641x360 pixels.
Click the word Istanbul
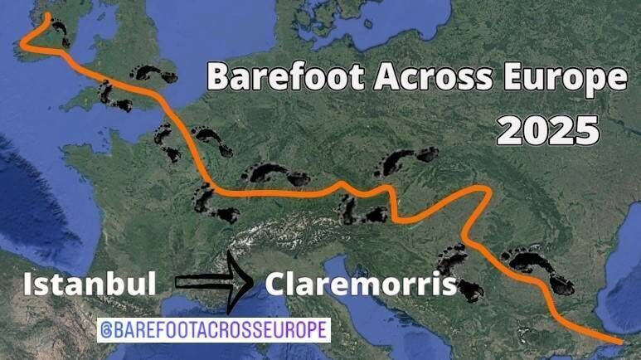point(90,285)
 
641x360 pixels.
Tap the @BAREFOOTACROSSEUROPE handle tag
point(214,329)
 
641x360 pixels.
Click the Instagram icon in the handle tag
point(106,329)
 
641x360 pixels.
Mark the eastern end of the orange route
point(619,341)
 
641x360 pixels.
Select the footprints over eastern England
point(154,74)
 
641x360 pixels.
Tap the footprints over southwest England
point(114,96)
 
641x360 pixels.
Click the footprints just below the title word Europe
point(404,162)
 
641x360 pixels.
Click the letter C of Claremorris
point(276,285)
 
